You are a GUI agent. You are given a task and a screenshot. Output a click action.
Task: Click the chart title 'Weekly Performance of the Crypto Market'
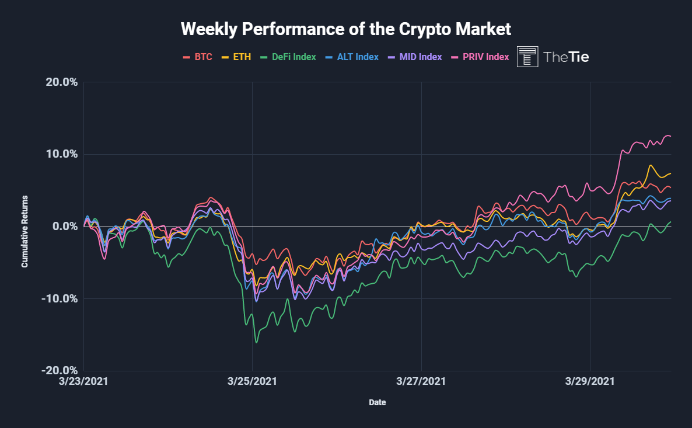345,29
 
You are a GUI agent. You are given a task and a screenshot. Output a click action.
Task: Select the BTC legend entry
198,57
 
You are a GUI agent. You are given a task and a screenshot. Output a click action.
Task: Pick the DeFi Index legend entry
288,57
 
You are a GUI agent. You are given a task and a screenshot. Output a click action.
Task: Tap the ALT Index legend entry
352,57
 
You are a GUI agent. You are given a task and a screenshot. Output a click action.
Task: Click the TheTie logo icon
528,57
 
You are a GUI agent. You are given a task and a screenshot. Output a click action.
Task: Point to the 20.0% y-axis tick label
61,82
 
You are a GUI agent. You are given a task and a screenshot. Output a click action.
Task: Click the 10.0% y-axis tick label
61,154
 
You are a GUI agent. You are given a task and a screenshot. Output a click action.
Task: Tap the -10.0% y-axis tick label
60,298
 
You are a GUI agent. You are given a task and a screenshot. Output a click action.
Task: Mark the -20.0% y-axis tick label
60,371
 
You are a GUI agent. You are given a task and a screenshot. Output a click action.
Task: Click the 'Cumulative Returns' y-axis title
25,232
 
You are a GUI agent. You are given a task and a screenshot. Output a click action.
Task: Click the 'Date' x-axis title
377,402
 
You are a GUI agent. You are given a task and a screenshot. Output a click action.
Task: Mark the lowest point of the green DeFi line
257,342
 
